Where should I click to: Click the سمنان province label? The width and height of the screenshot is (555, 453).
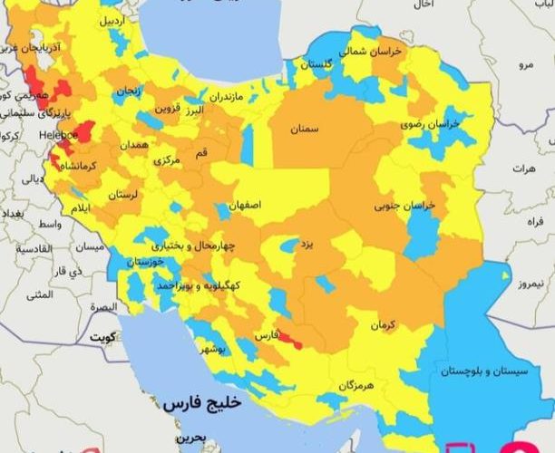tap(305, 130)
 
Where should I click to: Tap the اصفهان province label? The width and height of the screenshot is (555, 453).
tap(245, 206)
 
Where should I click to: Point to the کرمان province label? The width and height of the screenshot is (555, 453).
tap(384, 323)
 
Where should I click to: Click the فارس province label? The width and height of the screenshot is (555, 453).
tap(265, 334)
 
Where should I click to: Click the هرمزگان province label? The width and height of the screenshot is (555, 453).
tap(355, 386)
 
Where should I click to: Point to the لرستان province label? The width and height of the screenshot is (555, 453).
tap(123, 195)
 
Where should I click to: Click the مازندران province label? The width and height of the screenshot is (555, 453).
tap(227, 95)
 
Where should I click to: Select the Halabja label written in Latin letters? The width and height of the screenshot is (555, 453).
tap(60, 134)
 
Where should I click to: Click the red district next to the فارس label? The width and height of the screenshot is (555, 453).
tap(290, 339)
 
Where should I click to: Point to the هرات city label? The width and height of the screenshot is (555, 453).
tap(524, 169)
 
